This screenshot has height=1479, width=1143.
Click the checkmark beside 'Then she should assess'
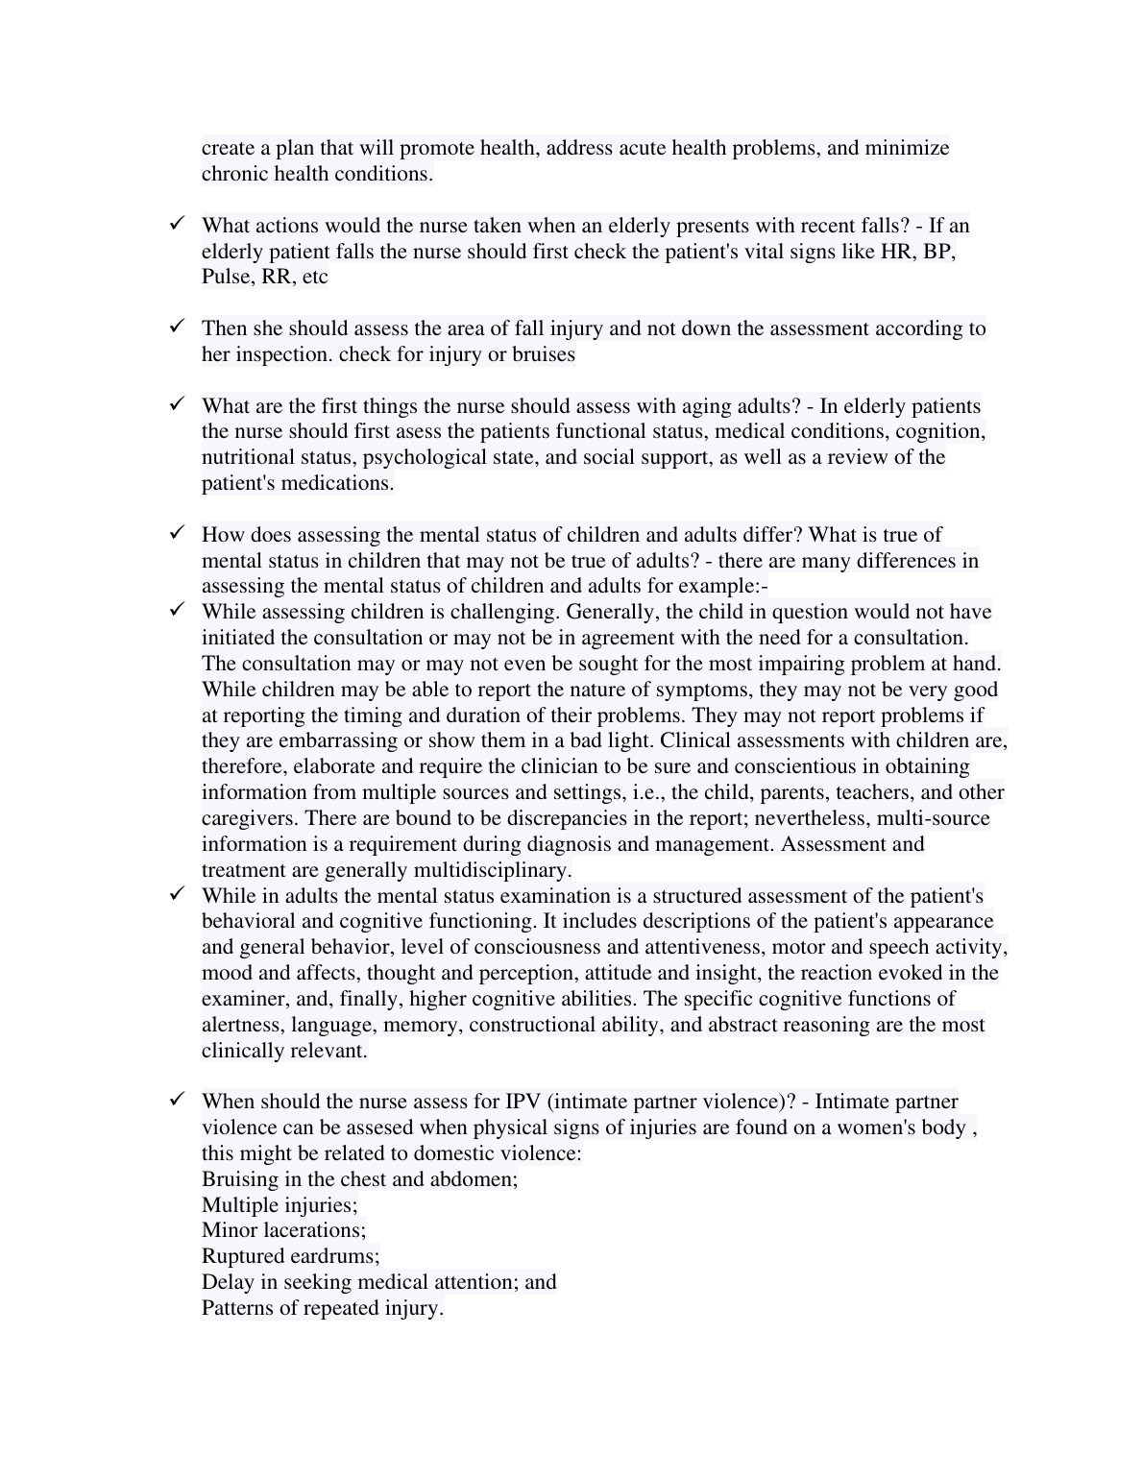pyautogui.click(x=177, y=327)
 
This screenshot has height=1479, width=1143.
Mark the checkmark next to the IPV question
pyautogui.click(x=177, y=1100)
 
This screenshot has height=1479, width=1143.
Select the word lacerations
pyautogui.click(x=314, y=1230)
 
